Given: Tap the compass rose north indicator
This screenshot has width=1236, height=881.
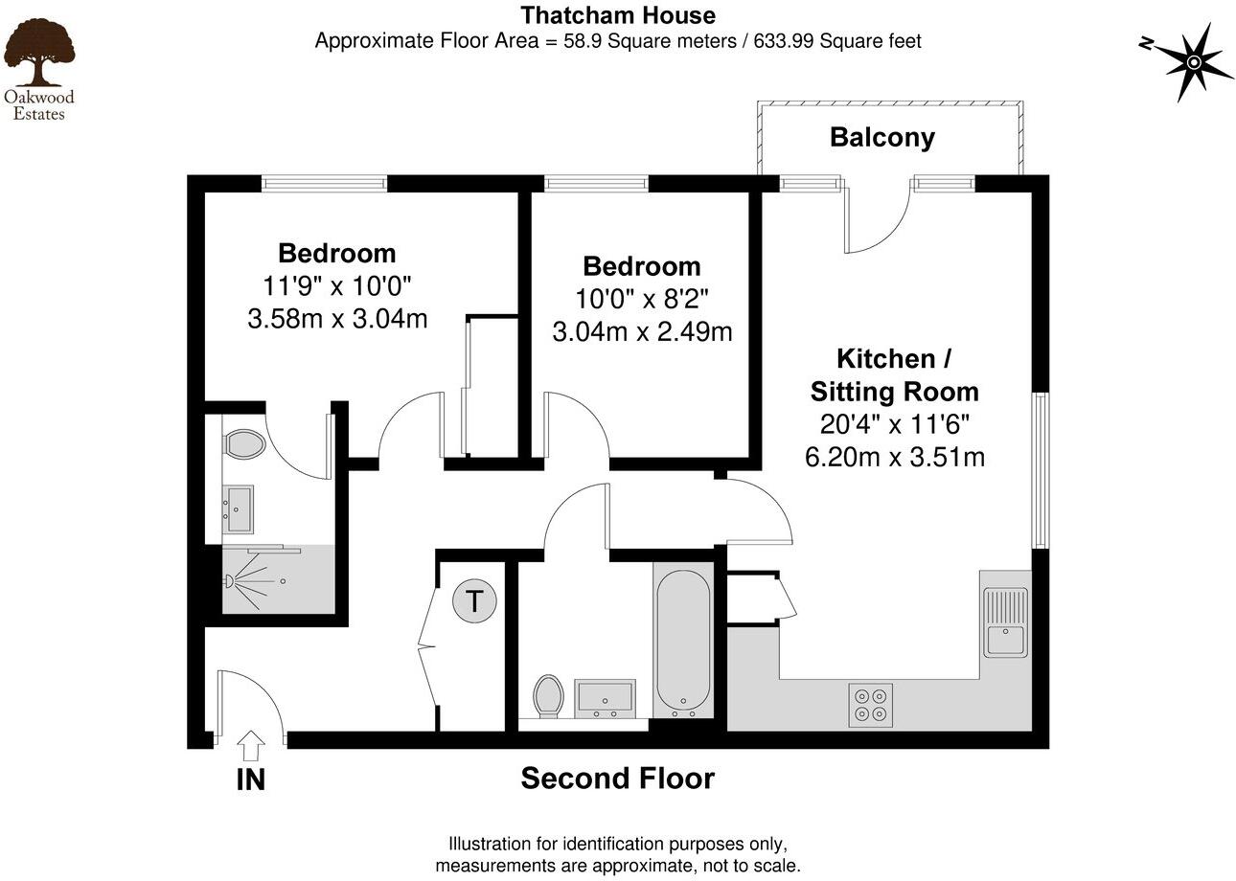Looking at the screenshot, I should (x=1194, y=62).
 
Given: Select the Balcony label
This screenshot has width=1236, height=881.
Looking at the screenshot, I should (x=881, y=137).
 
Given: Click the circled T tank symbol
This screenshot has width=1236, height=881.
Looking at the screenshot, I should (x=473, y=602).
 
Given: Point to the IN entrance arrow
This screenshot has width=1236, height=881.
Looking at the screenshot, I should (x=251, y=745).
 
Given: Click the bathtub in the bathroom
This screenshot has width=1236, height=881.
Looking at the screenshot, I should (x=683, y=638).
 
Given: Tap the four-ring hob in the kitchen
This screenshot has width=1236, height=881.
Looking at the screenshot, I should (x=870, y=704).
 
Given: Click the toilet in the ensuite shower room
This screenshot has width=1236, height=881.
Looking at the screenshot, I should (x=244, y=444).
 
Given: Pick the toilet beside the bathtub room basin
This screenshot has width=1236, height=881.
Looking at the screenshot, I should (x=549, y=695).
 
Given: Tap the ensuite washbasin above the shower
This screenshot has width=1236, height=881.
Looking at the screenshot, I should (x=238, y=508).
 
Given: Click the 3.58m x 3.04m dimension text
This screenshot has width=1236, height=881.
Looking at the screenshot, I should (x=337, y=318).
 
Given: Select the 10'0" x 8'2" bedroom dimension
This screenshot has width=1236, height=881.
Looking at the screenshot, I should (x=641, y=299).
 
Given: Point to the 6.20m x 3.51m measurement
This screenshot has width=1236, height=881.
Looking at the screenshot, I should (x=895, y=457).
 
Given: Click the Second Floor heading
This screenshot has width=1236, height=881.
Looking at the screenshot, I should (x=617, y=779).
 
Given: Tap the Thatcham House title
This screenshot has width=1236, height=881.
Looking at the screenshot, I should (x=618, y=15).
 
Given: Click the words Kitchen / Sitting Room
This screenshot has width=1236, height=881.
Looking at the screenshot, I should (x=894, y=374).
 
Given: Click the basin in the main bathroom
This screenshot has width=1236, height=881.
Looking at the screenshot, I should (x=604, y=696).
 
